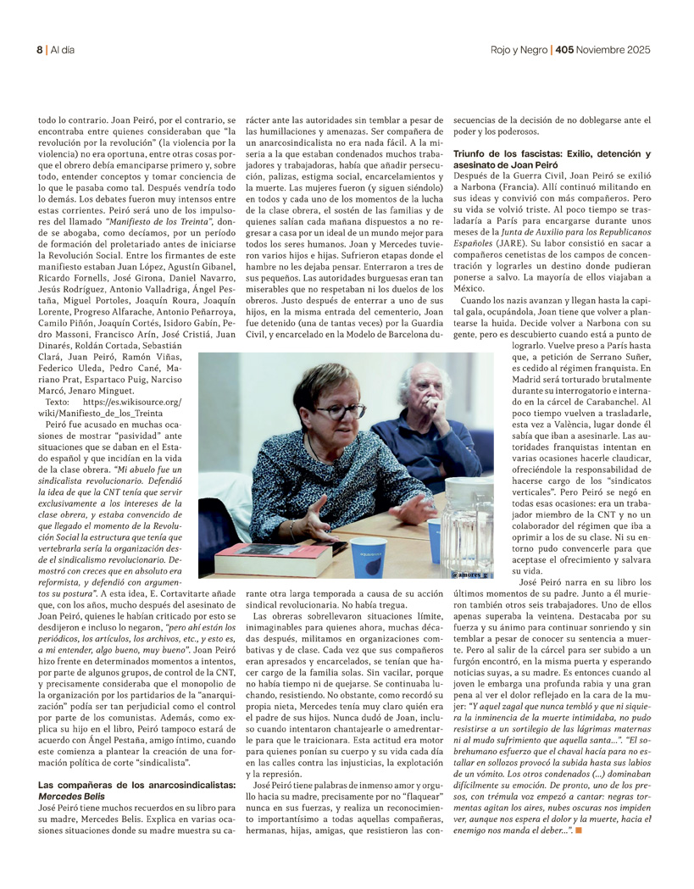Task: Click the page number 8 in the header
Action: click(x=38, y=50)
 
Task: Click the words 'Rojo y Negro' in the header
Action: click(x=519, y=50)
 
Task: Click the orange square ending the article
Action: click(x=579, y=831)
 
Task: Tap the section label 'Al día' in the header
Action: click(x=62, y=50)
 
